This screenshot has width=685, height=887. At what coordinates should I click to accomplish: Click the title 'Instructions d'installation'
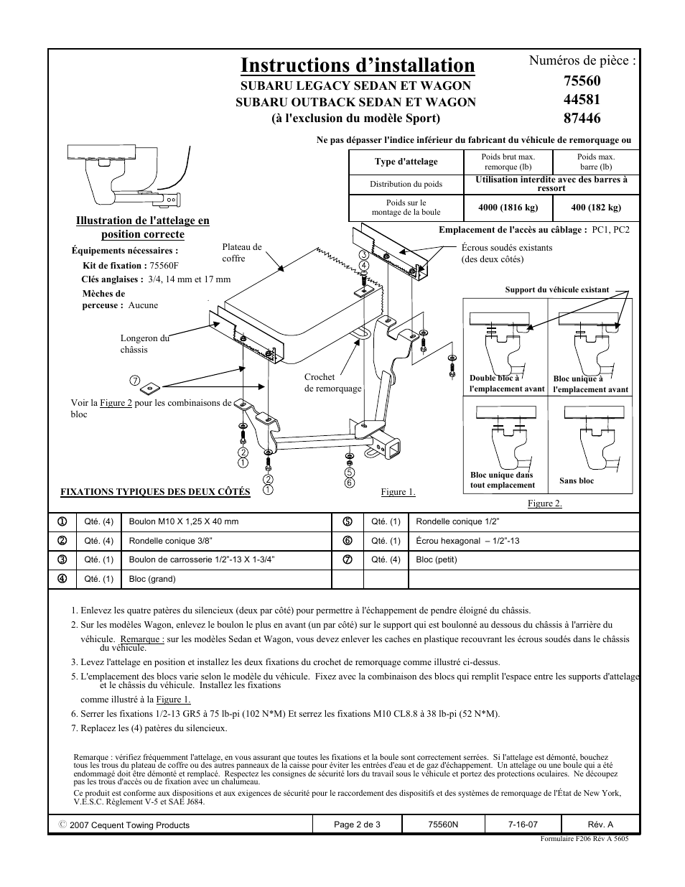click(358, 65)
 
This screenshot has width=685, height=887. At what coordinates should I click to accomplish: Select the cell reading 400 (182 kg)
click(596, 208)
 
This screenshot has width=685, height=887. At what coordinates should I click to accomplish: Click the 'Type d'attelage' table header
click(406, 162)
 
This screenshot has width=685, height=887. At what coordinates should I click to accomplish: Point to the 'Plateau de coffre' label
click(242, 252)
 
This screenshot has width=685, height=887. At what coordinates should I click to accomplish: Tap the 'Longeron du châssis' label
click(144, 343)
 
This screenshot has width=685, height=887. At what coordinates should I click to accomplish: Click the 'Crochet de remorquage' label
click(332, 382)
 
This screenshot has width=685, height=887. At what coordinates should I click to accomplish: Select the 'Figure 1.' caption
click(398, 492)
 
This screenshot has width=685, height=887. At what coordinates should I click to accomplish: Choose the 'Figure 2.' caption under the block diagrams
click(544, 503)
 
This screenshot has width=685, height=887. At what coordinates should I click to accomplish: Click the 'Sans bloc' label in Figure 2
click(577, 481)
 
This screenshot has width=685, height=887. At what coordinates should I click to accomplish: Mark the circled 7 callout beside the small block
click(134, 380)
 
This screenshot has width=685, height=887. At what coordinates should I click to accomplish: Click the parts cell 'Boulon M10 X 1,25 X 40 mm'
click(183, 521)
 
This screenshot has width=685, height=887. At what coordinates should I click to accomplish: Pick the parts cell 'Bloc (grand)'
click(152, 579)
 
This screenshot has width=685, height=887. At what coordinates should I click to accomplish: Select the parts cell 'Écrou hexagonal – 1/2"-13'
click(467, 541)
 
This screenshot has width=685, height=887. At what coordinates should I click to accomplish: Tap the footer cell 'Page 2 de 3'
click(357, 825)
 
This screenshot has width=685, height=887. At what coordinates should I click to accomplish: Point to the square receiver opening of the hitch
click(394, 452)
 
